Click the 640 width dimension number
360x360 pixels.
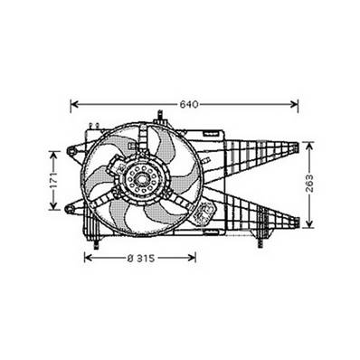(188, 103)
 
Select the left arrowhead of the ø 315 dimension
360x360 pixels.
(88, 258)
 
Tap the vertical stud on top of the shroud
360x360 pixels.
(159, 116)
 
